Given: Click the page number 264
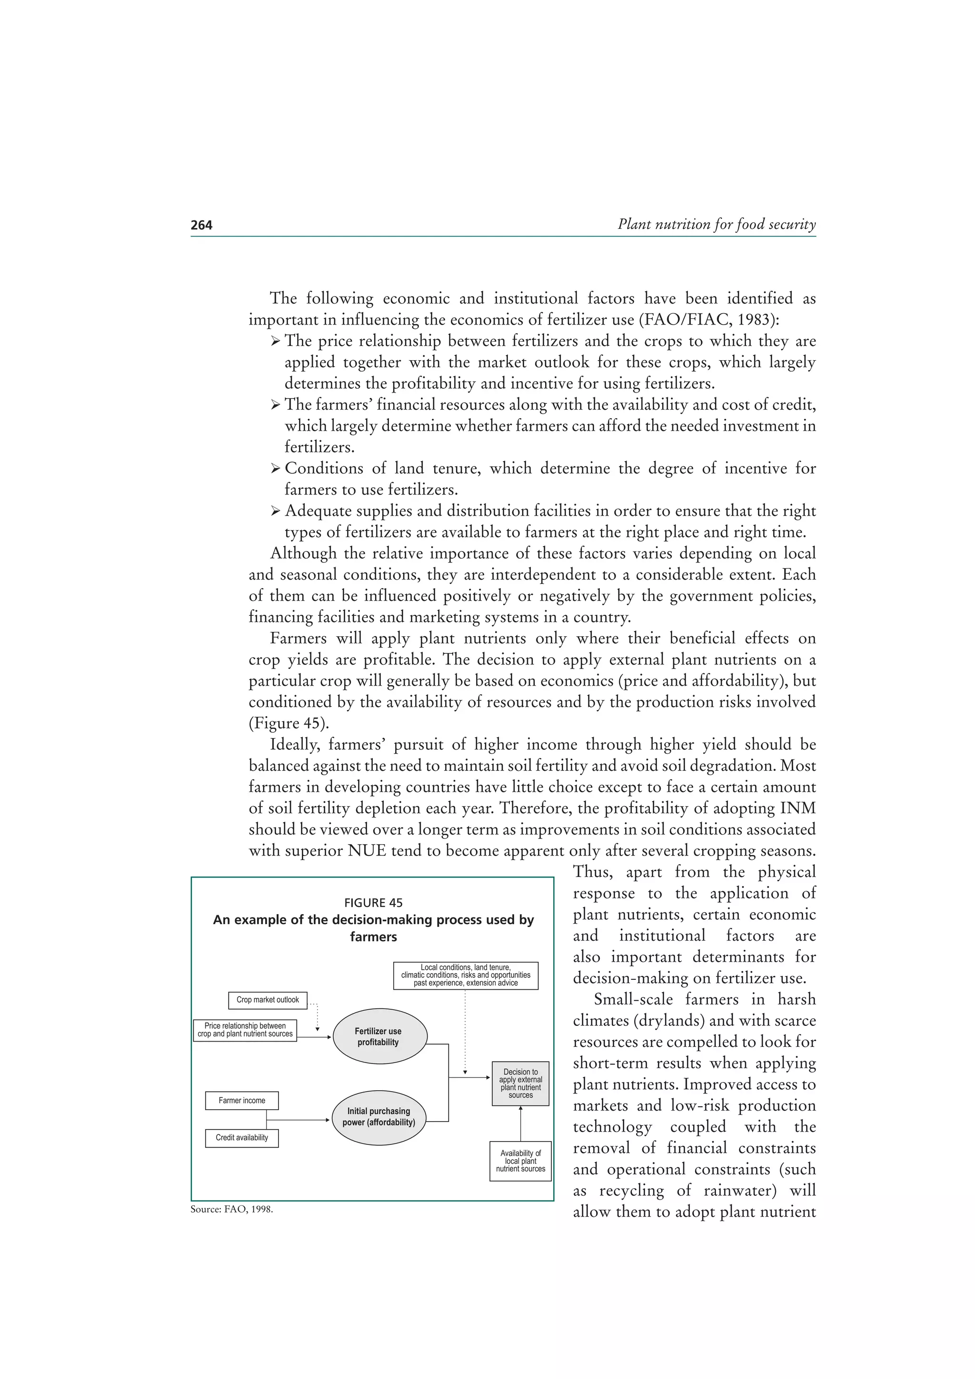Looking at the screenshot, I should [201, 225].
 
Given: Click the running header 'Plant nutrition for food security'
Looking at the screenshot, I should [716, 224].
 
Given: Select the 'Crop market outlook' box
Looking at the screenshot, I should [268, 1000].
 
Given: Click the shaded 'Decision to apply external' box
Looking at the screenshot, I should [520, 1083].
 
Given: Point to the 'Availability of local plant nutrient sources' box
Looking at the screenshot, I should [520, 1161].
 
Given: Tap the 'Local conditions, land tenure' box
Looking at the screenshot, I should [466, 975].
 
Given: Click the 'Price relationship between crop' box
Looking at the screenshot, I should [245, 1030].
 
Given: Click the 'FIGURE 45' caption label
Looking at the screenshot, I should [373, 903].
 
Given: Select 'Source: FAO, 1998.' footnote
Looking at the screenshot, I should [231, 1209].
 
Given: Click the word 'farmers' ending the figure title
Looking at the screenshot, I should [373, 937].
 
